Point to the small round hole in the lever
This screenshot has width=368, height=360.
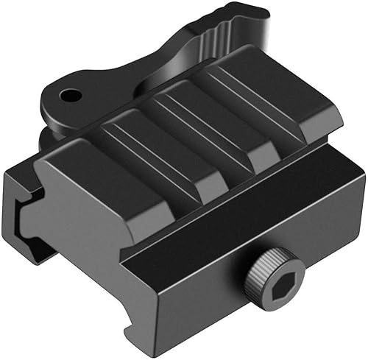click(71, 95)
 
